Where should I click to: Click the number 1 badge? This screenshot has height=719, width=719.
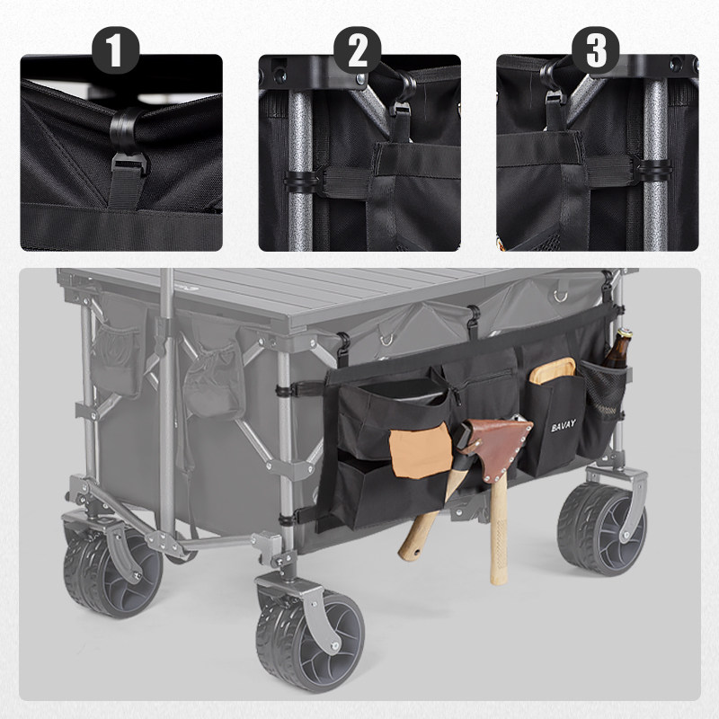pos(116,50)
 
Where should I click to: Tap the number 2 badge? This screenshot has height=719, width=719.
pos(357,50)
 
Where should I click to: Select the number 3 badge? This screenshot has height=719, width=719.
pos(596,50)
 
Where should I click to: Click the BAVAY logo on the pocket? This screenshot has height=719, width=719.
pos(564,425)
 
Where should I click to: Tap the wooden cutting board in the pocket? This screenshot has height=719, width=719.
pos(552,369)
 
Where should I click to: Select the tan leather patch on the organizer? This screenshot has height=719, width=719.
pos(420,451)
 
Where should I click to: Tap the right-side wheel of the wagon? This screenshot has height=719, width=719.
pos(601,528)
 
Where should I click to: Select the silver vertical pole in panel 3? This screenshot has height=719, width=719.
pos(655,165)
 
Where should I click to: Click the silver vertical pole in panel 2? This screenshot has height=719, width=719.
pos(300,170)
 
